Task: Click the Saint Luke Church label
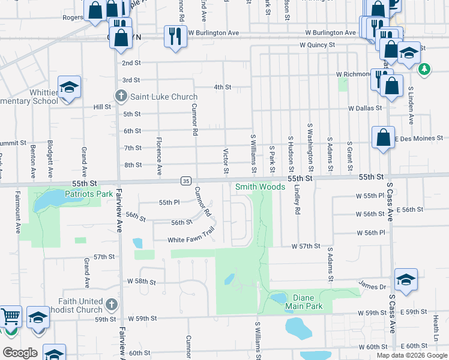(x=164, y=97)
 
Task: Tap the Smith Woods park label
(x=260, y=187)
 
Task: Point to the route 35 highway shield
(x=186, y=181)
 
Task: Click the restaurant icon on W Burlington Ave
(x=175, y=35)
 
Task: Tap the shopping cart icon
(x=10, y=316)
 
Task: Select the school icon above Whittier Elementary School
(x=69, y=87)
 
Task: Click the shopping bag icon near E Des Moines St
(x=383, y=137)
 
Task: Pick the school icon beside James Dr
(x=406, y=280)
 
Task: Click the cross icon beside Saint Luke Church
(x=121, y=96)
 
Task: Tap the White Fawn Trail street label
(x=191, y=239)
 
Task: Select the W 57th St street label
(x=306, y=247)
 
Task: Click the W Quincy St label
(x=319, y=45)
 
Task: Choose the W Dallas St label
(x=365, y=108)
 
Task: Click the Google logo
(x=20, y=353)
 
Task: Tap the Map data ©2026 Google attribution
(x=412, y=355)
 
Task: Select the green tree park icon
(x=424, y=69)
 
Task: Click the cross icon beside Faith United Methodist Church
(x=110, y=305)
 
